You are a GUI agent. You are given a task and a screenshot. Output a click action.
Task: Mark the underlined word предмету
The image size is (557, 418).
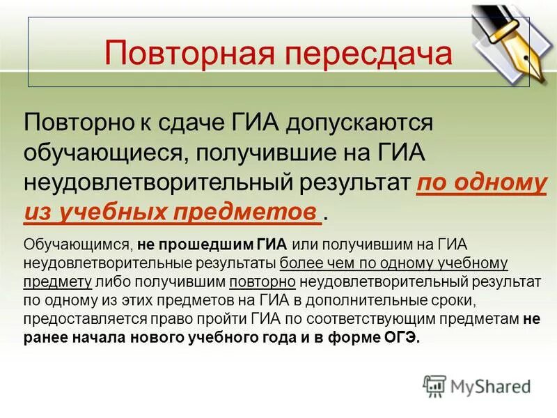(x=58, y=282)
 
